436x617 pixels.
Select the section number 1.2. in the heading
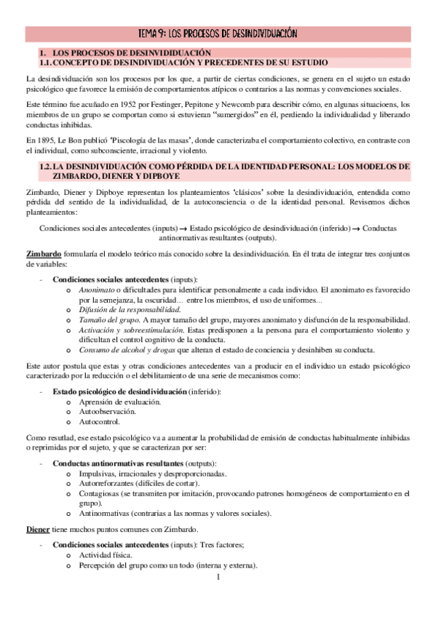48,166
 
